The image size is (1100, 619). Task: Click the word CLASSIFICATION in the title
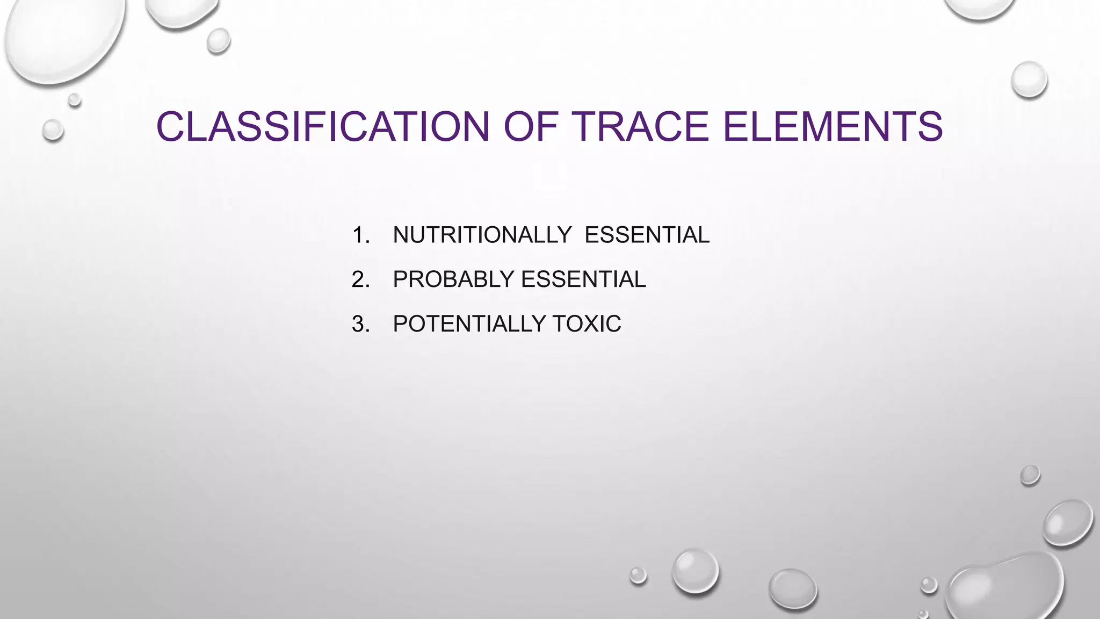[x=322, y=127]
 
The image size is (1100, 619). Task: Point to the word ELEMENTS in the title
[x=833, y=127]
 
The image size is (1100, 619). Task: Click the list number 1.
[x=360, y=235]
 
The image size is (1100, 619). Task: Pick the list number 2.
[x=360, y=279]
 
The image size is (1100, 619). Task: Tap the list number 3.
[x=360, y=324]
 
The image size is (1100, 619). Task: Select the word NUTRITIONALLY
[x=482, y=235]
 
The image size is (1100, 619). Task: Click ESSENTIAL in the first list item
[x=647, y=235]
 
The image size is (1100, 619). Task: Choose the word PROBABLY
[x=453, y=279]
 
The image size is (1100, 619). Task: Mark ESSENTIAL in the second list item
[x=583, y=279]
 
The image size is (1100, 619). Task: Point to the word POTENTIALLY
[x=469, y=324]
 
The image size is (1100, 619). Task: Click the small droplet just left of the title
[x=53, y=130]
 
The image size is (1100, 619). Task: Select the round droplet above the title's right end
[x=1029, y=80]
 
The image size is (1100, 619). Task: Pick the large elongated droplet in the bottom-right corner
[x=1004, y=588]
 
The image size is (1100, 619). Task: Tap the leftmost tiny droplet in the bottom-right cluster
[x=638, y=575]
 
